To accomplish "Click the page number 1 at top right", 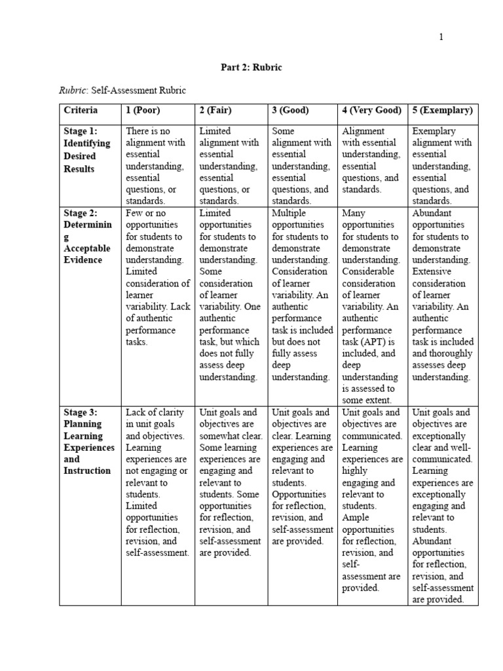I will (x=441, y=37).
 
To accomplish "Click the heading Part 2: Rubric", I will (x=251, y=67).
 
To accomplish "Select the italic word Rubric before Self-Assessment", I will (x=73, y=90).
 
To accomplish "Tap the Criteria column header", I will (x=81, y=110).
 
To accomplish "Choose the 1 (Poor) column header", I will (x=143, y=110).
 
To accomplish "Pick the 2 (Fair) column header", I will (x=215, y=110).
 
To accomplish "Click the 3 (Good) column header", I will (x=290, y=110).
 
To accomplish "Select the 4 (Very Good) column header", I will (x=371, y=110).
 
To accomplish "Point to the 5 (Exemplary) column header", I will (x=442, y=110).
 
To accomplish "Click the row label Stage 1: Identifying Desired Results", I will (x=87, y=150).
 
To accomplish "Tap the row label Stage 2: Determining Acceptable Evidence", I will (x=87, y=237).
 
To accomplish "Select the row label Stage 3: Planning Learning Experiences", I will (x=89, y=442).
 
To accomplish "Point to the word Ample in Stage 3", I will (x=355, y=517).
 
